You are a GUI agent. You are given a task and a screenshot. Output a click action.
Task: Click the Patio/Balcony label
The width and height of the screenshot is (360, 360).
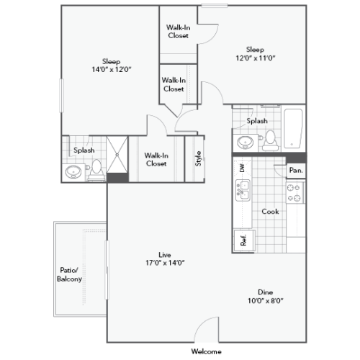[x=71, y=274]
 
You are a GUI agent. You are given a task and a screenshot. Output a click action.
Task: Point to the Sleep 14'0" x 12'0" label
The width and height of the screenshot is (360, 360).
[x=111, y=66]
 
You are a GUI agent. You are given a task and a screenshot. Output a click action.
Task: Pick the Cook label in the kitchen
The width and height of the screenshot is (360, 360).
[x=270, y=212]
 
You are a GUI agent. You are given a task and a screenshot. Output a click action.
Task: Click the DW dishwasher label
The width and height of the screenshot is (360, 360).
[x=242, y=168]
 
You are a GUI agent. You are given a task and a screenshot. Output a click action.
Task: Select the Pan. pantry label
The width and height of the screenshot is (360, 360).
[x=295, y=170]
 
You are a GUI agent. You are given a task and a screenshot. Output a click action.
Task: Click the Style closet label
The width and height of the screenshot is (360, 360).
[x=198, y=158]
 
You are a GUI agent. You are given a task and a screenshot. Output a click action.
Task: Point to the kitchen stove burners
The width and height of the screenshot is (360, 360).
[x=294, y=192]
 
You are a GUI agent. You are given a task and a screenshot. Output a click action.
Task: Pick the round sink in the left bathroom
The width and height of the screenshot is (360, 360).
[x=73, y=171]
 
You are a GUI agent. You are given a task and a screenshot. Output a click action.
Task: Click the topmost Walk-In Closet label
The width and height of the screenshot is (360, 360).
[x=178, y=32]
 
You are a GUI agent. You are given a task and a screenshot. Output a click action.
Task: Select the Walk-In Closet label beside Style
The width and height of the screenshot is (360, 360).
[x=156, y=159]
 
